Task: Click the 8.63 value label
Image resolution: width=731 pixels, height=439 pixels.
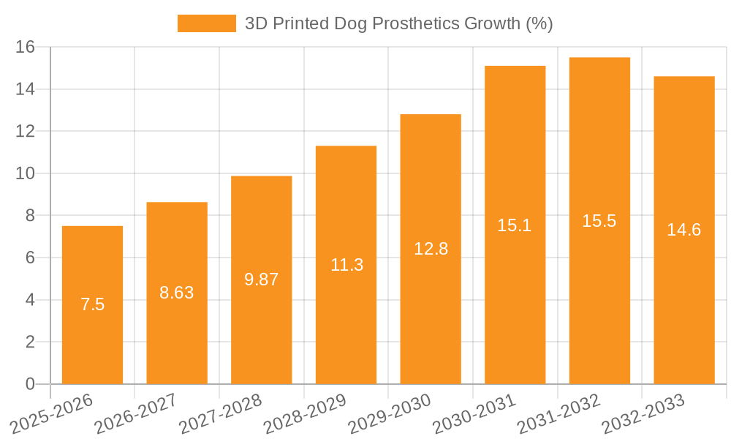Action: coord(177,293)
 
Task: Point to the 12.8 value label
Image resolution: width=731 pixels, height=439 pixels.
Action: coord(431,248)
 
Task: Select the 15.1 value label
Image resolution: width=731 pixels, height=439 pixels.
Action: coord(515,225)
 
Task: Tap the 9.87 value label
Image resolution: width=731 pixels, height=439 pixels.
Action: coord(261,279)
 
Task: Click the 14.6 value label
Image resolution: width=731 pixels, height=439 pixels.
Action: coord(684,230)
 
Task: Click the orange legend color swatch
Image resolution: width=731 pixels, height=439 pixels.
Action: coord(207,23)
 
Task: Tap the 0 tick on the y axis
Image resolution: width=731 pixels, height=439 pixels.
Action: coord(30,384)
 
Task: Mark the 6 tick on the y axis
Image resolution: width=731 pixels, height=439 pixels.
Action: coord(30,258)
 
